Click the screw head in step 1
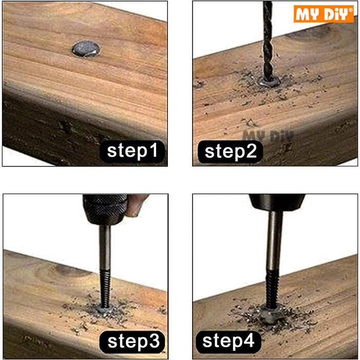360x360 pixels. [86, 49]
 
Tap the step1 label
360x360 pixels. [132, 151]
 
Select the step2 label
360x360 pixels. [230, 152]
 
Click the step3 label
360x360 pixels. [132, 342]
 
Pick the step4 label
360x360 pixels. [229, 342]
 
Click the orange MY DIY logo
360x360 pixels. [324, 14]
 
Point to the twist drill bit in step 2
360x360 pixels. [268, 41]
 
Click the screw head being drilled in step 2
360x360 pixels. [269, 81]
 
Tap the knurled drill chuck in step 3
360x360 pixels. [105, 210]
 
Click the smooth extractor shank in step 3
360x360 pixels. [105, 247]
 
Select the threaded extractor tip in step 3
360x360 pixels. [105, 289]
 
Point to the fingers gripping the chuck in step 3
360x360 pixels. [137, 205]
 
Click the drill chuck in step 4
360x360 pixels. [277, 202]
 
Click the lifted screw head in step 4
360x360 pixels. [271, 316]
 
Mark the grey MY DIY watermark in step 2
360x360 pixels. [268, 136]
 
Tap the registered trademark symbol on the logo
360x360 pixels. [351, 10]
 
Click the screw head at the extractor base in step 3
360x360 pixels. [105, 310]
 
